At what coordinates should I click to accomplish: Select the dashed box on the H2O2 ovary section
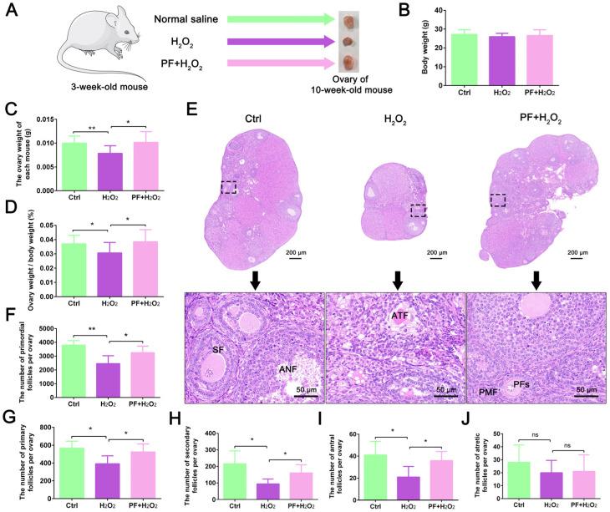click(x=419, y=210)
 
